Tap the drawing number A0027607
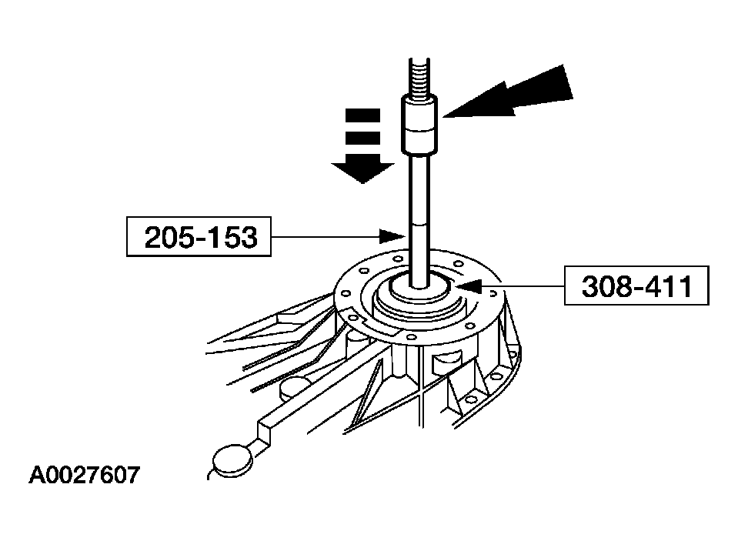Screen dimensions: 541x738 tap(85, 474)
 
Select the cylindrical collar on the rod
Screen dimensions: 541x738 tap(419, 123)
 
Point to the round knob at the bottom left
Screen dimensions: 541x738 tap(230, 461)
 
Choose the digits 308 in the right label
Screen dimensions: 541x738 tap(606, 286)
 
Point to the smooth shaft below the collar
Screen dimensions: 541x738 tap(420, 215)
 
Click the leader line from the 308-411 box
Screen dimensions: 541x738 tap(523, 286)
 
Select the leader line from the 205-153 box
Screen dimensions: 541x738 tap(331, 237)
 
